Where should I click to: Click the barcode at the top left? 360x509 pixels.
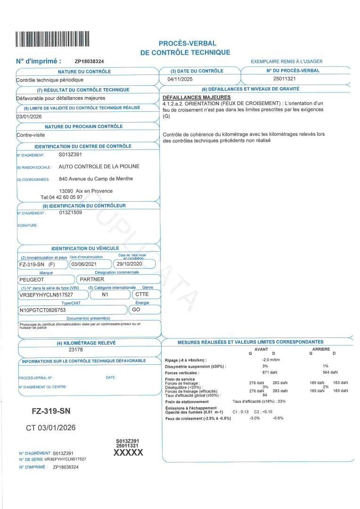[52, 39]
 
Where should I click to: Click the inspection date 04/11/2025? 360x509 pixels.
[180, 79]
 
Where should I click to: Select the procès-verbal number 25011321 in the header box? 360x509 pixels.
[285, 79]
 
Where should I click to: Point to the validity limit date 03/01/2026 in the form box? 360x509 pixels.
[29, 116]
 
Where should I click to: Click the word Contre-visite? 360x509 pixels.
[30, 135]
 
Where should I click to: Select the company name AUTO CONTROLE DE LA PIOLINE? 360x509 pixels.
[99, 166]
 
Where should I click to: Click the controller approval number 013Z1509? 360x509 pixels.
[71, 213]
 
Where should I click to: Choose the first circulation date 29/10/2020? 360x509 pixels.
[129, 264]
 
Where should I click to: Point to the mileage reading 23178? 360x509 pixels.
[76, 350]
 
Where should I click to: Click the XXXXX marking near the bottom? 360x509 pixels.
[128, 452]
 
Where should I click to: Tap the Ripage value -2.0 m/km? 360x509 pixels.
[271, 360]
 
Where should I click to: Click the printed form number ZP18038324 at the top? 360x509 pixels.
[90, 62]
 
